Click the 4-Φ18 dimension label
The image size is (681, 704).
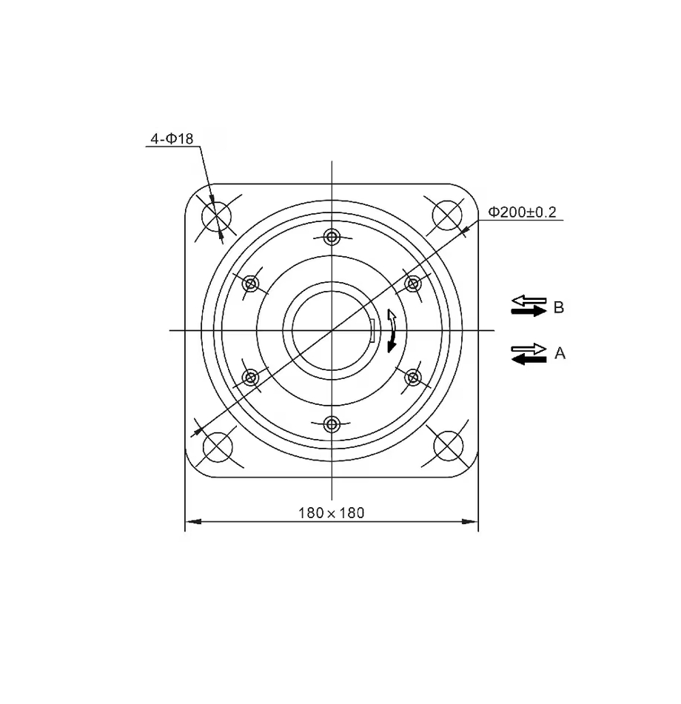pyautogui.click(x=172, y=138)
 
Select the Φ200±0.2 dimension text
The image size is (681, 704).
pyautogui.click(x=522, y=212)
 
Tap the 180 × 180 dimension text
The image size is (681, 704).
pyautogui.click(x=331, y=512)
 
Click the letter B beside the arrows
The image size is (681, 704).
pyautogui.click(x=558, y=307)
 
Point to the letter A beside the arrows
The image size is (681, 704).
pyautogui.click(x=560, y=354)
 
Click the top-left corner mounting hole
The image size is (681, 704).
pyautogui.click(x=217, y=216)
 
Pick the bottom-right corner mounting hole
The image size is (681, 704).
pyautogui.click(x=447, y=445)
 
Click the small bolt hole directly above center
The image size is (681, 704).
pyautogui.click(x=332, y=237)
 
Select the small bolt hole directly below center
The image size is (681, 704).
pyautogui.click(x=332, y=424)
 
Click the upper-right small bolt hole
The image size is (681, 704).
pyautogui.click(x=413, y=283)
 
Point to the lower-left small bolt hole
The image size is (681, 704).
pyautogui.click(x=251, y=378)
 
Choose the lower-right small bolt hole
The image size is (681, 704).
pyautogui.click(x=413, y=378)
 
